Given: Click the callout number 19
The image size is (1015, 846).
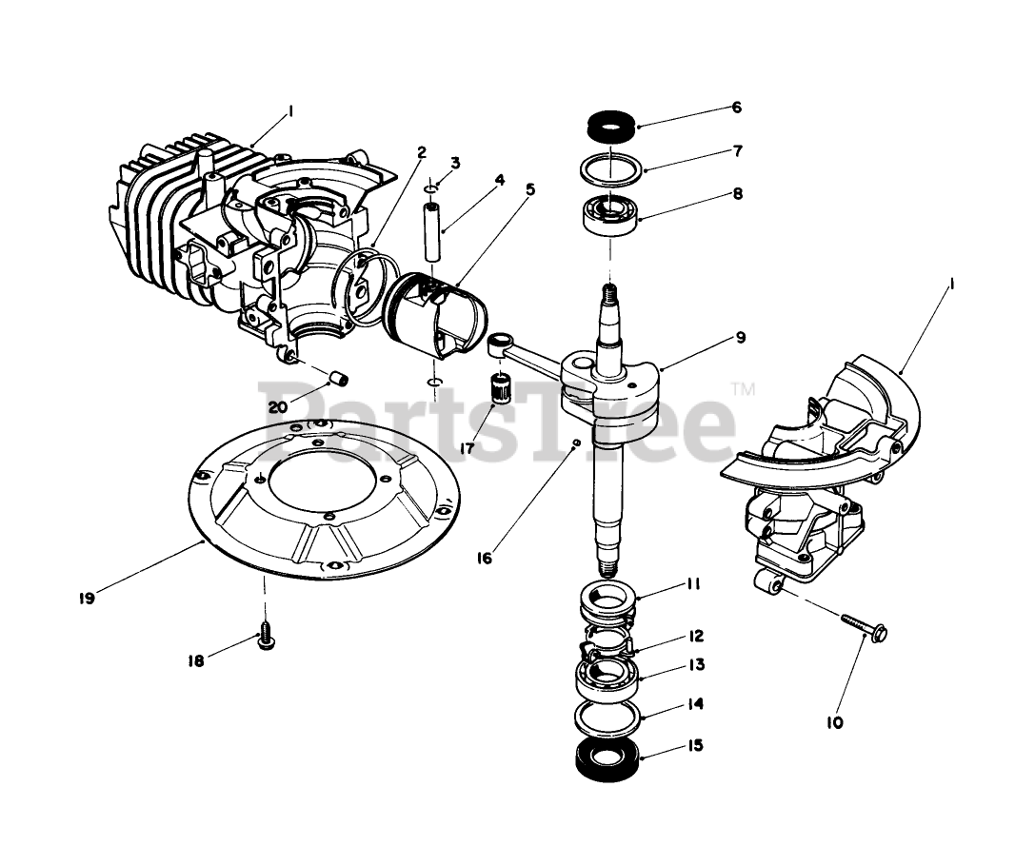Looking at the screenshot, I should click(x=86, y=599).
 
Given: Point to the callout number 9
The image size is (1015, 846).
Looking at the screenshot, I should click(x=740, y=337).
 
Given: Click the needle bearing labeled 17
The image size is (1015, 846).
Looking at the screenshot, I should click(x=494, y=388).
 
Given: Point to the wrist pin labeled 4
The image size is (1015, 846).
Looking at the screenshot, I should click(x=433, y=232).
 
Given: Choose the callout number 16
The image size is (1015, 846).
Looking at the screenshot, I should click(x=485, y=559).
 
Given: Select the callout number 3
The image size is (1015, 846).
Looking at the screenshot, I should click(x=455, y=162).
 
